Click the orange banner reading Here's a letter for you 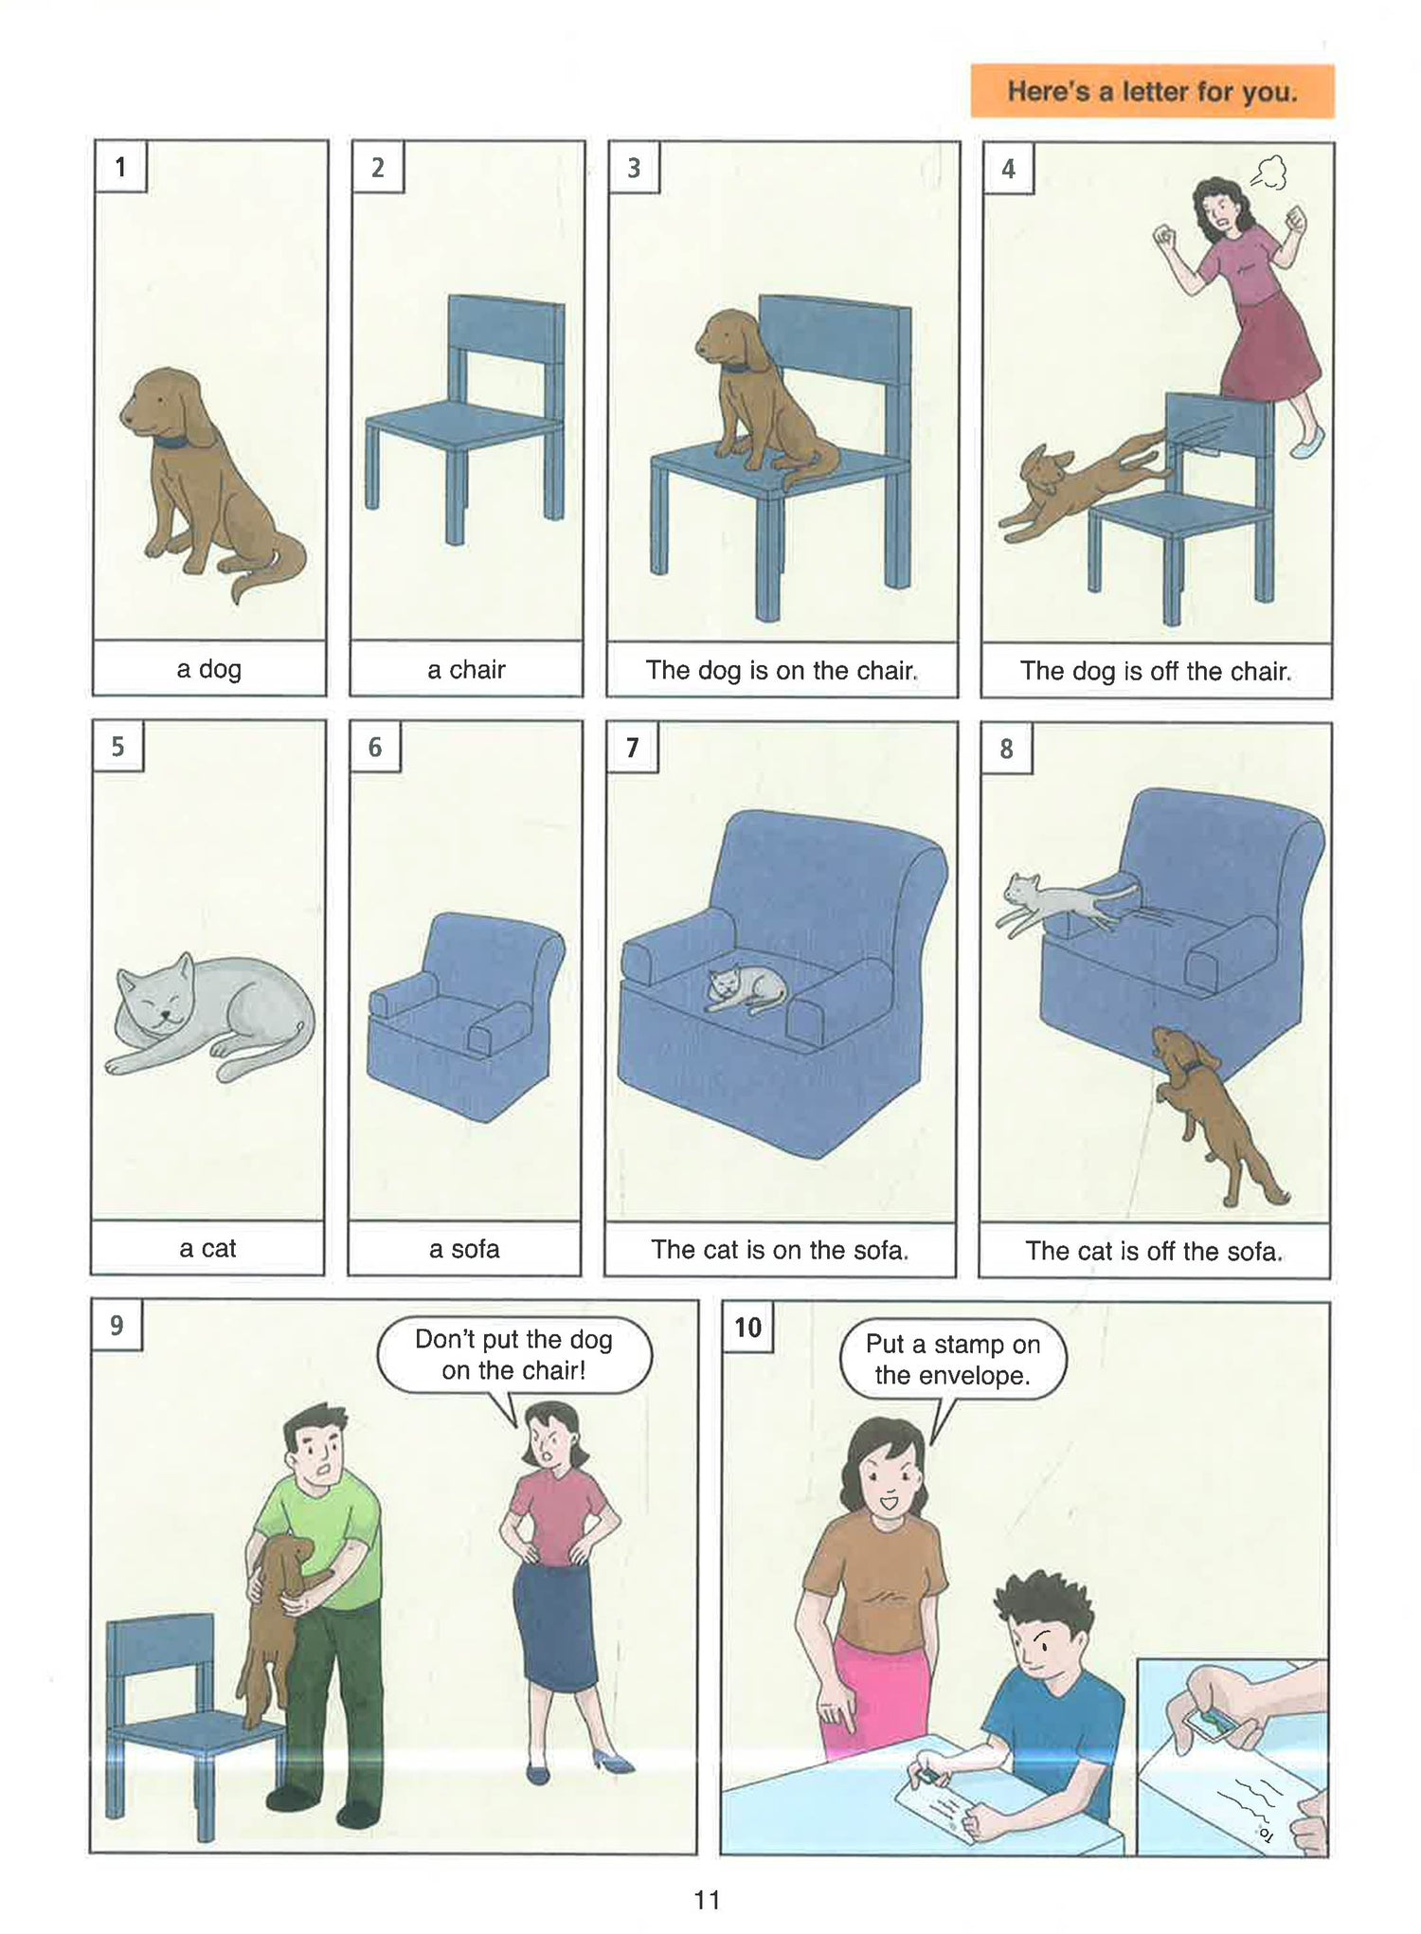[x=1152, y=91]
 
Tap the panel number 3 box [x=634, y=168]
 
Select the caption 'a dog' [x=209, y=669]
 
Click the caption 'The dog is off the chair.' [x=1156, y=671]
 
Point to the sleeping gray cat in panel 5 [x=210, y=1015]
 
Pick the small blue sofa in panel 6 [x=464, y=1016]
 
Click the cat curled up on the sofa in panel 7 [x=746, y=988]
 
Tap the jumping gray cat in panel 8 [x=1065, y=900]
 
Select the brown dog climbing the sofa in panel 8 [x=1214, y=1114]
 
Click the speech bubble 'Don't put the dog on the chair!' [x=514, y=1354]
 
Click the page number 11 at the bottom [x=707, y=1899]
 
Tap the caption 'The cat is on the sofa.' [x=780, y=1250]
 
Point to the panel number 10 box [x=747, y=1327]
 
